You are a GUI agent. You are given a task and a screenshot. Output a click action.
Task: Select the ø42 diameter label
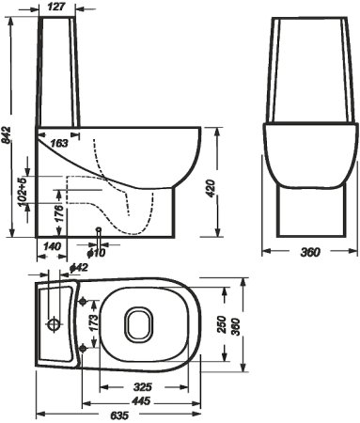tap(81, 269)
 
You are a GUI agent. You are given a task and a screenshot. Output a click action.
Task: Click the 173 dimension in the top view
tap(91, 326)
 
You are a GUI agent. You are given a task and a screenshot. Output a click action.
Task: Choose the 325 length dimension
tap(142, 386)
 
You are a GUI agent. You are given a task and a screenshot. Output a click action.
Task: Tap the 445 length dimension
tap(142, 400)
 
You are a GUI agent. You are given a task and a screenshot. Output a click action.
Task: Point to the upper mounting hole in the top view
tap(86, 302)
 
